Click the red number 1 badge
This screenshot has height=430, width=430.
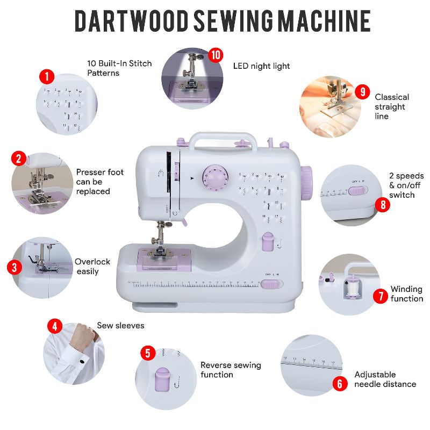click(47, 76)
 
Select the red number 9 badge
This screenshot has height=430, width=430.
click(363, 92)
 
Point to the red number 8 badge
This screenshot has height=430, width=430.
click(382, 204)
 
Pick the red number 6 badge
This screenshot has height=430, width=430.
click(339, 384)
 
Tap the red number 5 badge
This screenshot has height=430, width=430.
click(148, 353)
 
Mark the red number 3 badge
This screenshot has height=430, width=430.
click(15, 267)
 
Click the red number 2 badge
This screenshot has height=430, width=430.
click(19, 159)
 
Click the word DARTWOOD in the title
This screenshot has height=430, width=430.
click(132, 20)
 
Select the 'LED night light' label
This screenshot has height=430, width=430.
click(261, 66)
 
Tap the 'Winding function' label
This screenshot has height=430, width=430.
click(406, 294)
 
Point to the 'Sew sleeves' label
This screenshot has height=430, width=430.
click(120, 326)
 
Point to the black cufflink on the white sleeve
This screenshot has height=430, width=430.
click(82, 361)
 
